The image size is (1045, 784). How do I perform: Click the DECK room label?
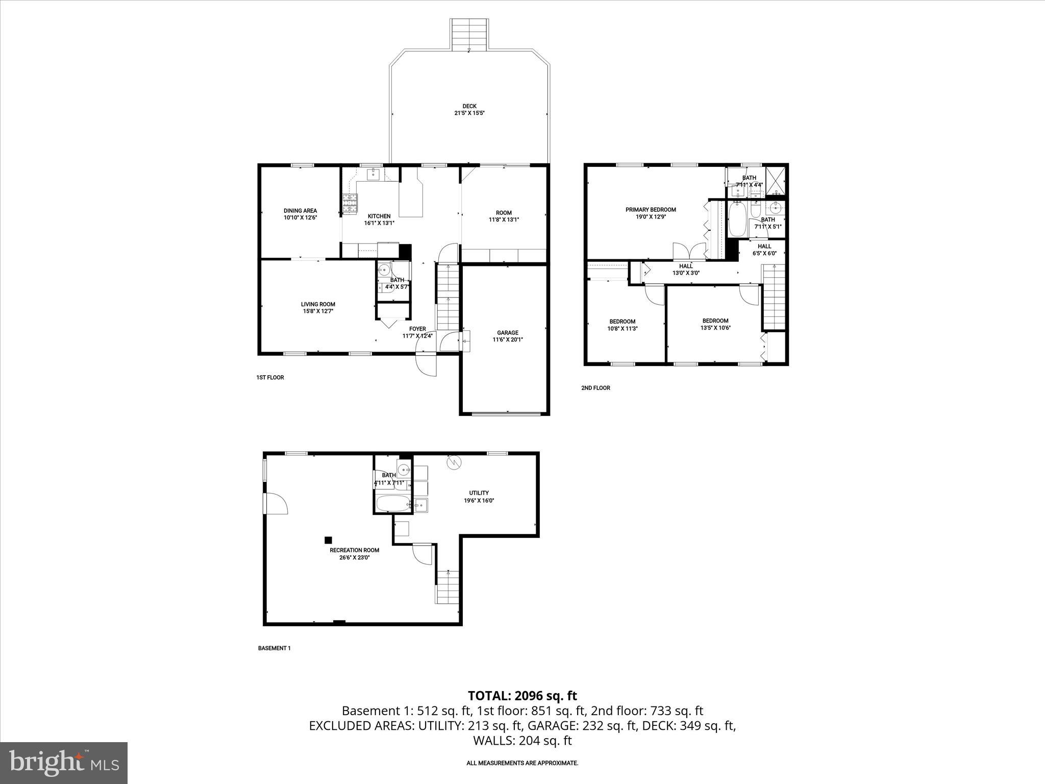point(469,106)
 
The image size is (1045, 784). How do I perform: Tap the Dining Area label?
point(300,210)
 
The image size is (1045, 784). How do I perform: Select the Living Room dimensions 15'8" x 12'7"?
point(318,311)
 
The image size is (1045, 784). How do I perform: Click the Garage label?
point(507,332)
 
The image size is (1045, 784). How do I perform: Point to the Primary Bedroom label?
point(651,209)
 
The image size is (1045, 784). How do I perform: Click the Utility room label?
point(479,493)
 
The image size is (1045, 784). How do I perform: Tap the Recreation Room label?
point(354,550)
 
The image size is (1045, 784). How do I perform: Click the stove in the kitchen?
point(350,203)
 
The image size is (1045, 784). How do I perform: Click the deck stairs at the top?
point(469,35)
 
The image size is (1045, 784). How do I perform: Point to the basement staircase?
point(447,587)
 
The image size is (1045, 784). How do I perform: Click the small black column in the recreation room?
point(328,540)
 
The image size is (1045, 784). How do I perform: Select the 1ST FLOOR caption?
point(270,378)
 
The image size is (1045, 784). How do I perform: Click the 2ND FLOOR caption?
point(595,388)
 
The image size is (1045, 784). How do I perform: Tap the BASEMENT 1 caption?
point(274,648)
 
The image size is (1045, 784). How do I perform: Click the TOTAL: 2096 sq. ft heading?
point(522,696)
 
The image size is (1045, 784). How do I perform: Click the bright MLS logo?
point(63,763)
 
